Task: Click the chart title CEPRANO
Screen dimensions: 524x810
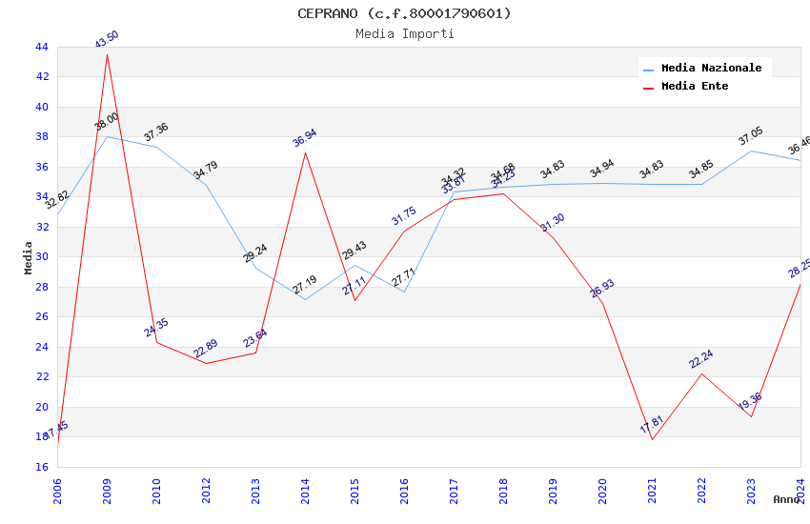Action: click(404, 13)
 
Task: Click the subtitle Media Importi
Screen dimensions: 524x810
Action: click(404, 33)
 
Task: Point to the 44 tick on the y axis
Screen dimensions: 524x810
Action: click(41, 47)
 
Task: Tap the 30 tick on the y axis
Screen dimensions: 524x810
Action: click(41, 256)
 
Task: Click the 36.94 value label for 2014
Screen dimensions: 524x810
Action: click(305, 139)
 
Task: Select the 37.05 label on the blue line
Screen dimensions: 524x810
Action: click(751, 137)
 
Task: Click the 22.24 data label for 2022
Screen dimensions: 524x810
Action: click(701, 359)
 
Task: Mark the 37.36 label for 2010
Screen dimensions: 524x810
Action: click(156, 133)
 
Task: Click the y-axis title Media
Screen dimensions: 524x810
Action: click(29, 257)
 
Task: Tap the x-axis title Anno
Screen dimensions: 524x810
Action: click(786, 499)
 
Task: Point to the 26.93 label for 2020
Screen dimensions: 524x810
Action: click(602, 289)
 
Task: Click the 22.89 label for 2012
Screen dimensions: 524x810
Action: click(206, 350)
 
